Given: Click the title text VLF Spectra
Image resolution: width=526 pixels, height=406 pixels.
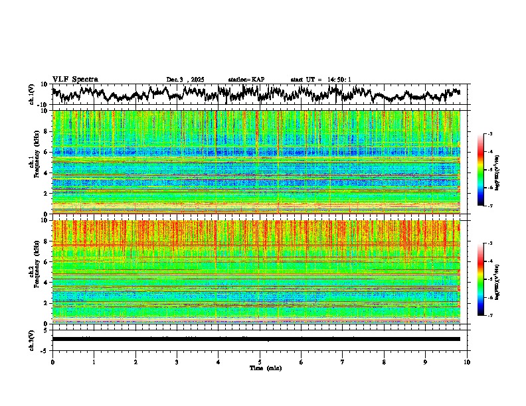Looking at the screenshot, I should coord(75,79).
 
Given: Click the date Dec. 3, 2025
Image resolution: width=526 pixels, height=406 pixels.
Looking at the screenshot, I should coord(185,80).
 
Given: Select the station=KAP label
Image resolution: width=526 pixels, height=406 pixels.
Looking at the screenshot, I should coord(246,80).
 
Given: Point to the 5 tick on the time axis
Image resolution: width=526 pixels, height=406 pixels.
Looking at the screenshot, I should coord(260,362).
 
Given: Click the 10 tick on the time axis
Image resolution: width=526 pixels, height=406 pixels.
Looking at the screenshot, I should coord(467,362).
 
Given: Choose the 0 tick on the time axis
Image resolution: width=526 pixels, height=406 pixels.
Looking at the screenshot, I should coord(52,362).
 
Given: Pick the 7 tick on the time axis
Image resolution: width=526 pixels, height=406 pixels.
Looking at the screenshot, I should coord(343,362).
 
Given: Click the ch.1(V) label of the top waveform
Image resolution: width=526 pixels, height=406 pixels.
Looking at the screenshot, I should coord(32,94).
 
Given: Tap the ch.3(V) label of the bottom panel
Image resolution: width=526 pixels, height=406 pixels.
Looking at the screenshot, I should coord(32,339).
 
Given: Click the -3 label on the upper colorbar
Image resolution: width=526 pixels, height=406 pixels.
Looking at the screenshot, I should coord(489,134).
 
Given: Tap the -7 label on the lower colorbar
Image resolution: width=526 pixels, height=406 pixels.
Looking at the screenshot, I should coord(489,316).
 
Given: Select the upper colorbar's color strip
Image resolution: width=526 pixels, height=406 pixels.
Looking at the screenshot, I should coord(481,170).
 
